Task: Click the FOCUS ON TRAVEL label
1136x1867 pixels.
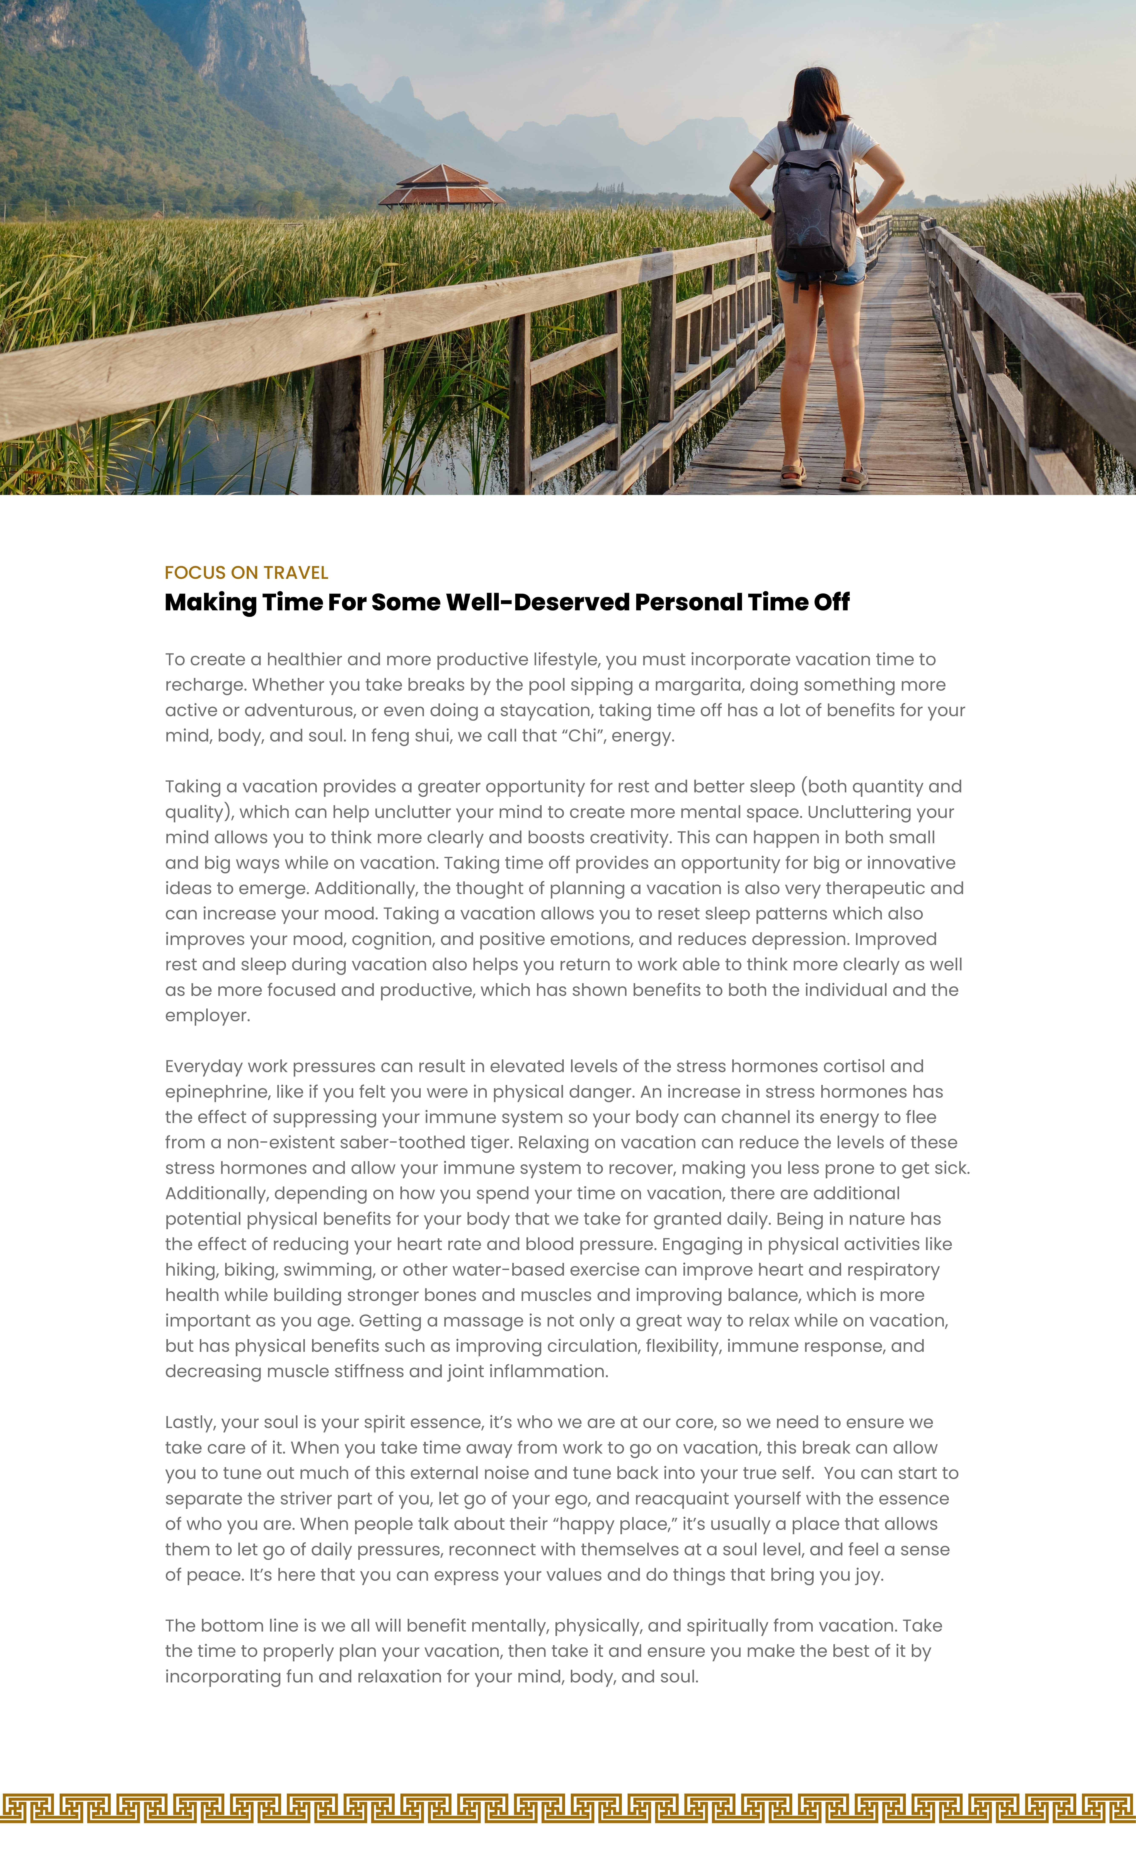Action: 246,573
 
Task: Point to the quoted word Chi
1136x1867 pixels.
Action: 582,736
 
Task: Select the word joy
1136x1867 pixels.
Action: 868,1575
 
